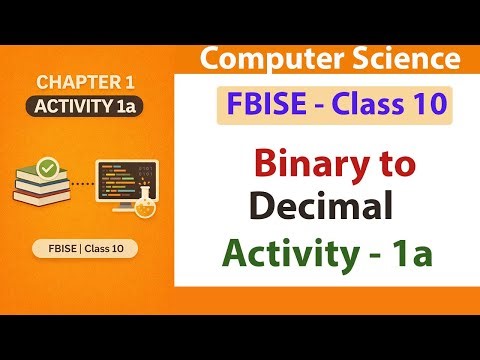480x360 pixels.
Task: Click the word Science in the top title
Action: click(x=389, y=59)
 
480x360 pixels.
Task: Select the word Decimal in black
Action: click(x=317, y=207)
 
